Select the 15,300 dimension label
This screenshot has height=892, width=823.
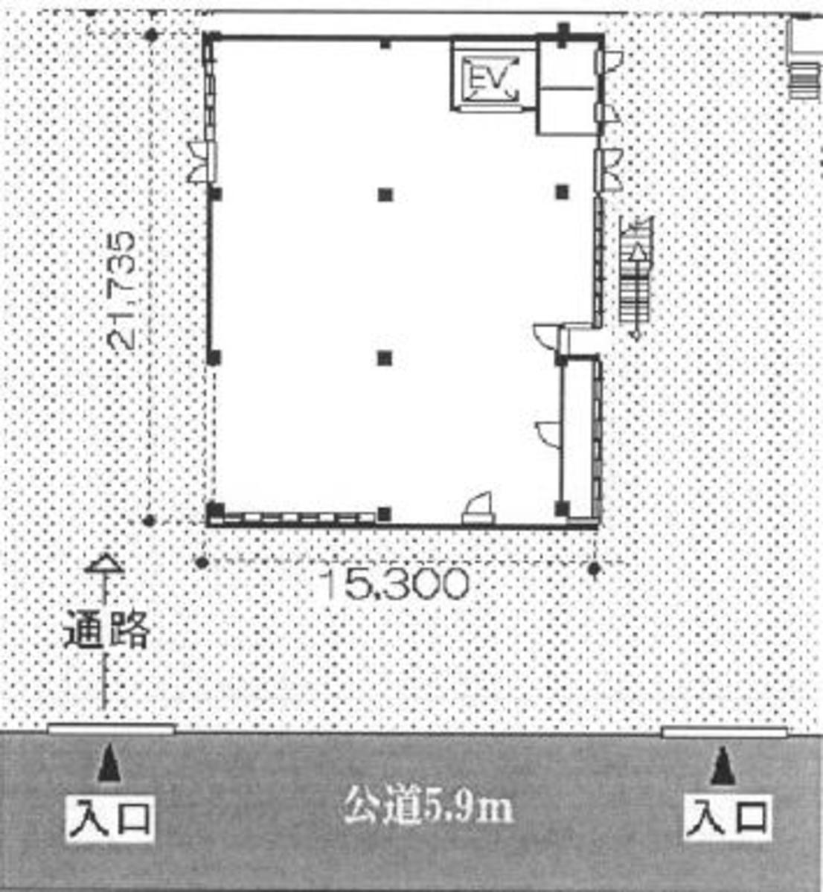click(397, 585)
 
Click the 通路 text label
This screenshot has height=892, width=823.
click(106, 631)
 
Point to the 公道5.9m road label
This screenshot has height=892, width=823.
click(428, 807)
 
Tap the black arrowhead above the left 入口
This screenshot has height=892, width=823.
click(110, 765)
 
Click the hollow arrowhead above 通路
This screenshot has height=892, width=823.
click(104, 565)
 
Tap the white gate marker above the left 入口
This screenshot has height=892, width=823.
click(112, 729)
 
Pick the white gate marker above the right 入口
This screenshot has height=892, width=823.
click(723, 732)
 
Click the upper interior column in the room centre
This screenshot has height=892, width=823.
click(385, 195)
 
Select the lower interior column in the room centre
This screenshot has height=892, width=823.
click(384, 359)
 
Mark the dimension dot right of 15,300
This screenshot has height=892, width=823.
click(594, 569)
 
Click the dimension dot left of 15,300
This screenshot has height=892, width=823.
click(201, 562)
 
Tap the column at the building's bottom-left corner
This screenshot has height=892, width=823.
click(215, 510)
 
